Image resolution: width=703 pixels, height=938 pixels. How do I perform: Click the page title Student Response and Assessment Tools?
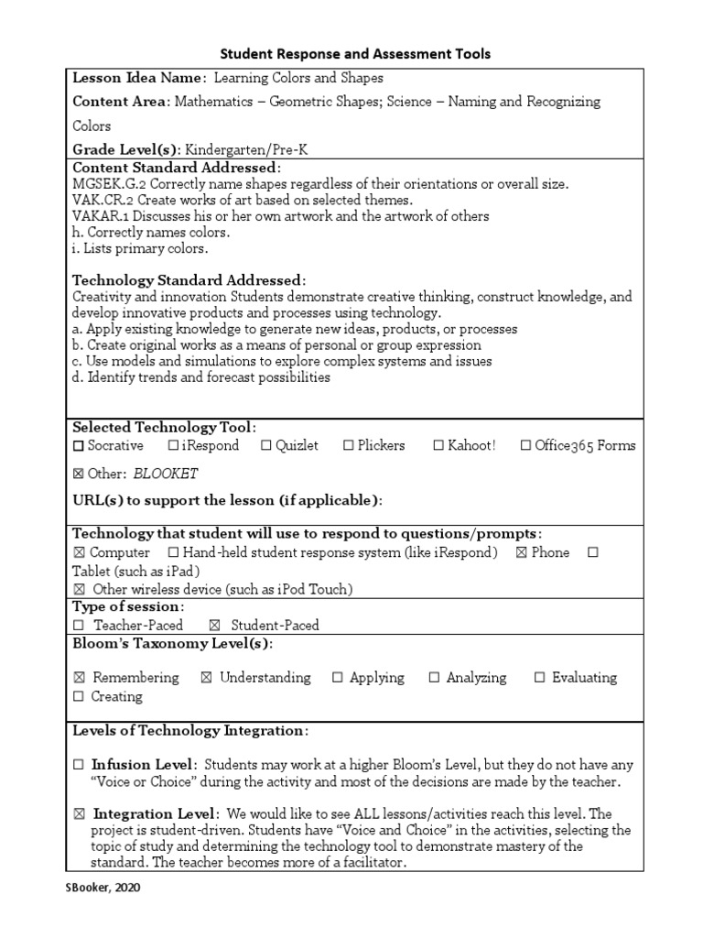[352, 54]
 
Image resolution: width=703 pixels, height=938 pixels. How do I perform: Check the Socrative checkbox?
[79, 446]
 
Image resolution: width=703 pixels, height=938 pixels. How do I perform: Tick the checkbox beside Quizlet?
[265, 446]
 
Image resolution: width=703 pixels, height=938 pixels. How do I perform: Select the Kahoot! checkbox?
[438, 446]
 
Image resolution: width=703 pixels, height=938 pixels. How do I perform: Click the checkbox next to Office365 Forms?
[525, 446]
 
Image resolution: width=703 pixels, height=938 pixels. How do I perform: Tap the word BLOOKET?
[166, 474]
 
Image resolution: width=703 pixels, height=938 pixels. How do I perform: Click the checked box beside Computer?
[79, 553]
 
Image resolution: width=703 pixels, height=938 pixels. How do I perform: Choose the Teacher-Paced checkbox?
[79, 626]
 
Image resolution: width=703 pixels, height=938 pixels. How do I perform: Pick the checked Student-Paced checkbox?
[214, 626]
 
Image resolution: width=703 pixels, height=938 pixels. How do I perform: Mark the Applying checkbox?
[337, 678]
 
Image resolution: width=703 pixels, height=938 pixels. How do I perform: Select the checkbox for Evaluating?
[539, 678]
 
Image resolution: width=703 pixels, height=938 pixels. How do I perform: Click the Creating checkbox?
[79, 697]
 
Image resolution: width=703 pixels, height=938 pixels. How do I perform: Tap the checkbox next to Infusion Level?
[79, 765]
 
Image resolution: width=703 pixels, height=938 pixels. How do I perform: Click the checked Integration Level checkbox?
[79, 814]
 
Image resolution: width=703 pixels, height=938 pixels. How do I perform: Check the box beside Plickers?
[349, 446]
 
